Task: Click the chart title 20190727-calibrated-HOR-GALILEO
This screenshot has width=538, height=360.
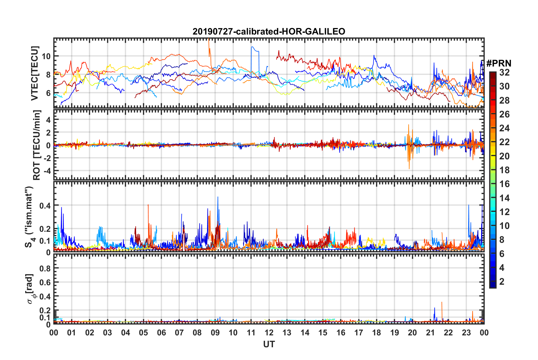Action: [269, 31]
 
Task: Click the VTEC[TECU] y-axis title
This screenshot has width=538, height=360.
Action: [35, 73]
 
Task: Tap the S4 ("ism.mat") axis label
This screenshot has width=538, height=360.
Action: [29, 217]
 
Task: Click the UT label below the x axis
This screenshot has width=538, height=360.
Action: [269, 344]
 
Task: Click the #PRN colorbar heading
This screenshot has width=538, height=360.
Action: [499, 63]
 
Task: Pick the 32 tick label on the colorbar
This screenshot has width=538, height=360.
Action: [504, 72]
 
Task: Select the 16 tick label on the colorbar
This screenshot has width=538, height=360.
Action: [504, 184]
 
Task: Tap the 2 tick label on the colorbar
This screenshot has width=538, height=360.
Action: [502, 281]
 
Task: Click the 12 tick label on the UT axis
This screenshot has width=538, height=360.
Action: [269, 333]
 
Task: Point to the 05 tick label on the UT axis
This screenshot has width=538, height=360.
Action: [143, 333]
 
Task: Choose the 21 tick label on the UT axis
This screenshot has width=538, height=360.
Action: [430, 333]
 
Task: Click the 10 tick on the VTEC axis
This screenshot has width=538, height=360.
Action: [46, 56]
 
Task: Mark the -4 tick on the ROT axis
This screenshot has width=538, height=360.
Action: [47, 171]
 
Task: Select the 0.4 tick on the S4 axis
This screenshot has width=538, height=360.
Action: [45, 205]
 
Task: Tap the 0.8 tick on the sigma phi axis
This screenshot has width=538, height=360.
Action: [45, 268]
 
